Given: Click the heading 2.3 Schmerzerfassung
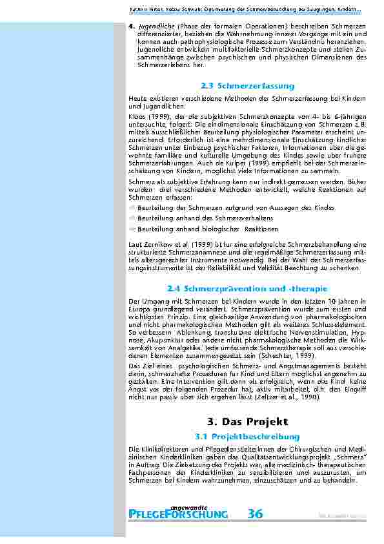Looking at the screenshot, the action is click(247, 85).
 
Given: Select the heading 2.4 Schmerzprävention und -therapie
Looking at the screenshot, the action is click(247, 288).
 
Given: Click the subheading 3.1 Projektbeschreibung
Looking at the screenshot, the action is click(247, 437).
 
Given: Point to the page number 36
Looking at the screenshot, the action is click(255, 514).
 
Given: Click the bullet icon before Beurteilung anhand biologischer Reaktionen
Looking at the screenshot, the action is click(132, 229).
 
